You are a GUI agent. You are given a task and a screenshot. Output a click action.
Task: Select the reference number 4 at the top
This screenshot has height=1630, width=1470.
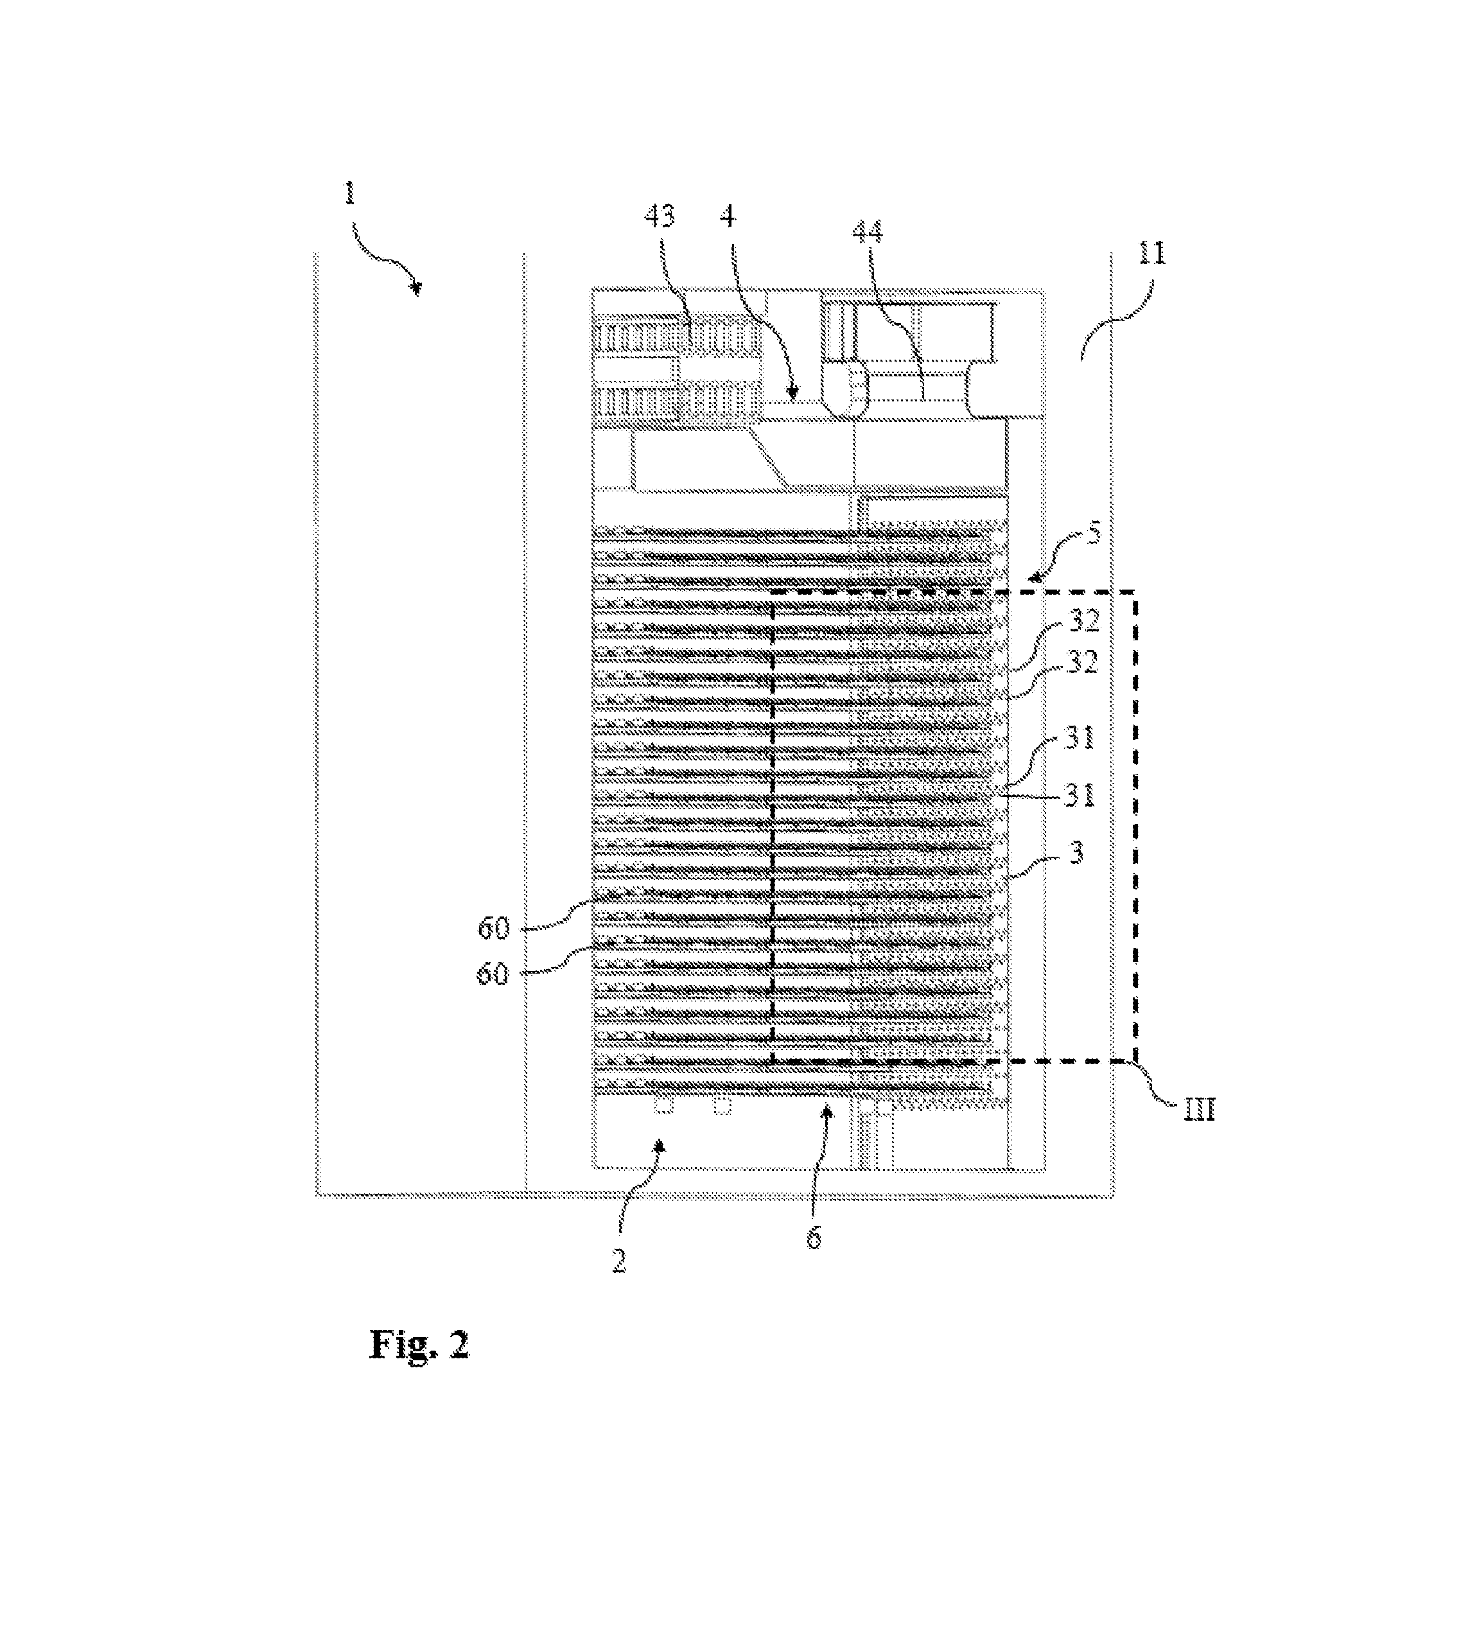728,216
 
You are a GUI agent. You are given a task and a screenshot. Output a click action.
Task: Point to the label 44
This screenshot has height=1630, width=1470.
868,232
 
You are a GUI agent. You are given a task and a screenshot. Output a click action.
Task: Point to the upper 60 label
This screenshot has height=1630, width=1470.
493,929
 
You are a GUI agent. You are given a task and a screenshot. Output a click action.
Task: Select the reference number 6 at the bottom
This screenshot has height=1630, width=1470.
814,1238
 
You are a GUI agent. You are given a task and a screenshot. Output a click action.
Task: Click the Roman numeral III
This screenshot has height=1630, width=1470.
1200,1110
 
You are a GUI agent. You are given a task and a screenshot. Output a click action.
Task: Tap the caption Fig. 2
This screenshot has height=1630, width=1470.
419,1345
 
